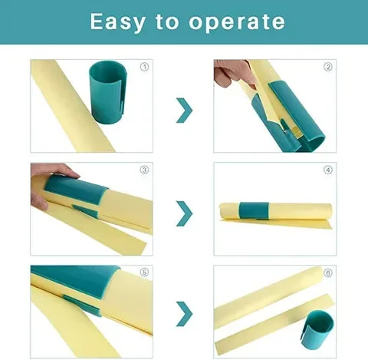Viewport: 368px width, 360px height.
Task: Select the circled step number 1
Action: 143,67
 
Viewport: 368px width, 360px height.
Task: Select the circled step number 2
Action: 327,67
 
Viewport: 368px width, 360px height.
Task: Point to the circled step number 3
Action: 143,170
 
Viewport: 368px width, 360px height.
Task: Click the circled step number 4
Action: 327,170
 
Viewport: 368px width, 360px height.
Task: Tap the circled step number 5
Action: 143,272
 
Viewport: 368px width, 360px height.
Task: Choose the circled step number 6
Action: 327,272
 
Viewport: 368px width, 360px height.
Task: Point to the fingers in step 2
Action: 232,75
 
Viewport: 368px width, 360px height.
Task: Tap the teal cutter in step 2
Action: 295,123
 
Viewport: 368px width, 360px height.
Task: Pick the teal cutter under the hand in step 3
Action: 77,192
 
